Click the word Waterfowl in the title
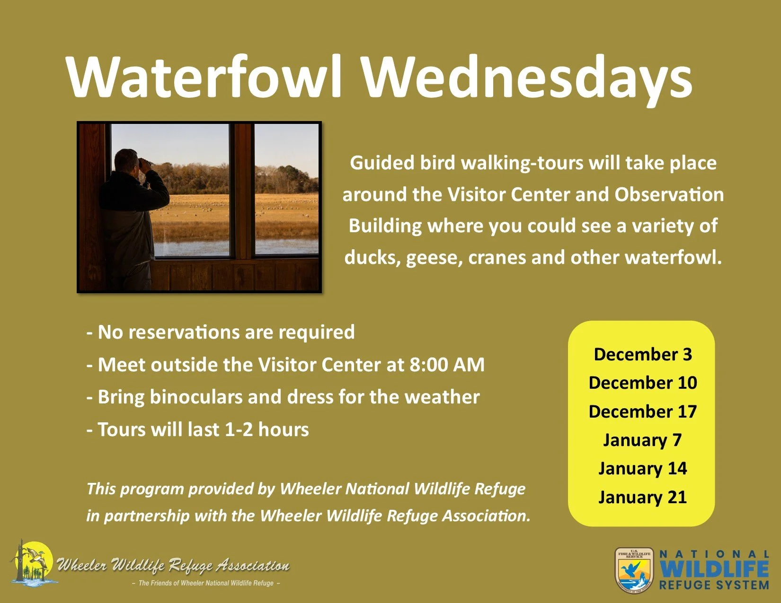coord(204,77)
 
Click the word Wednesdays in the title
coord(527,77)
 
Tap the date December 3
coord(642,354)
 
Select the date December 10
coord(642,383)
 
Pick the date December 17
coord(642,411)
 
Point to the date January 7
coord(642,440)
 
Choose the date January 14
coord(642,468)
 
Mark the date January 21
coord(642,497)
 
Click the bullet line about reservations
coord(220,332)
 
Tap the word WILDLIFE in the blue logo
coord(714,569)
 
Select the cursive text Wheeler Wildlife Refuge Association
coord(173,565)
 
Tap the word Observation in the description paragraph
coord(669,194)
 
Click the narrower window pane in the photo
coord(286,189)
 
